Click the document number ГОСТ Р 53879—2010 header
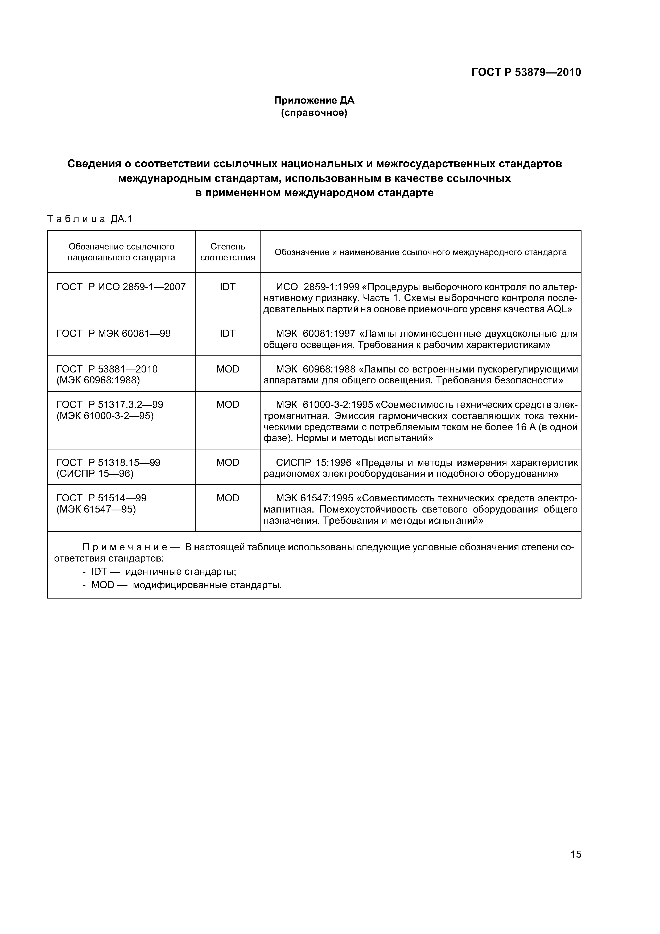click(x=526, y=72)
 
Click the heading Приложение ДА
click(x=314, y=100)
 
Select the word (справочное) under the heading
click(x=314, y=113)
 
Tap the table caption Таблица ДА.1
click(x=90, y=219)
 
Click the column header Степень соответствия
click(x=228, y=252)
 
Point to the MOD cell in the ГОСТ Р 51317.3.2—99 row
click(x=228, y=404)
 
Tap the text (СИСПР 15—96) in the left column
click(x=95, y=473)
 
